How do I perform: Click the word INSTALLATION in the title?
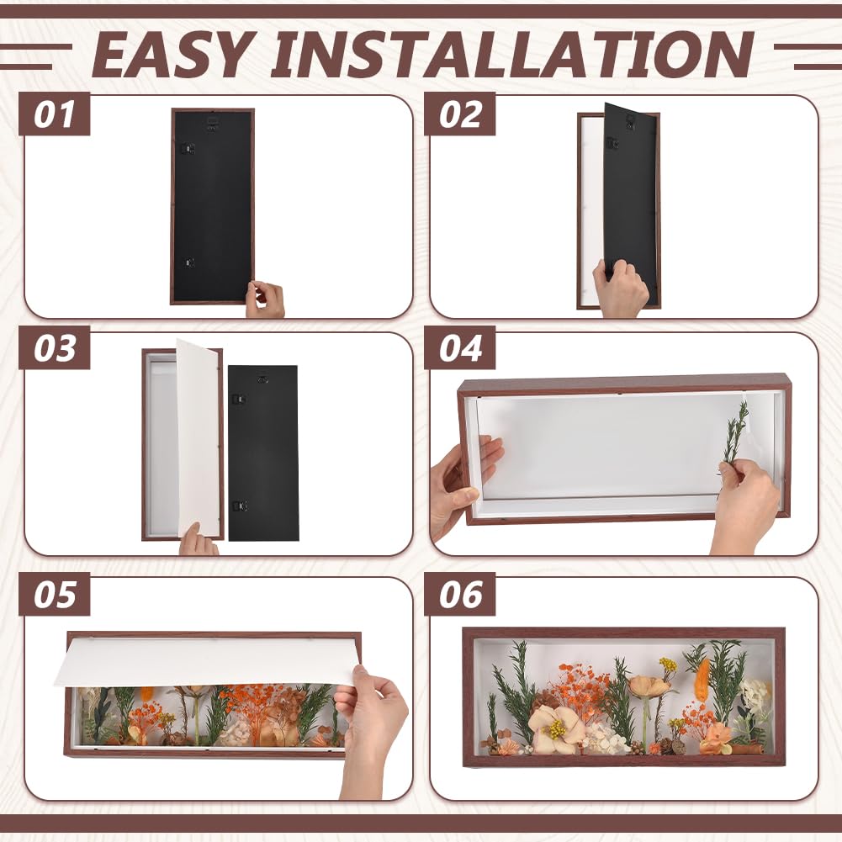[x=513, y=54]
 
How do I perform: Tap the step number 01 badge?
[x=54, y=114]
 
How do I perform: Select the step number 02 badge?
[x=459, y=114]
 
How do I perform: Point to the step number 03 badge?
[x=54, y=348]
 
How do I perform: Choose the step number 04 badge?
[x=459, y=348]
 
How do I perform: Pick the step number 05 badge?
[x=54, y=594]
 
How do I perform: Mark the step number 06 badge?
[x=459, y=594]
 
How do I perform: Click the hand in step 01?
[x=265, y=299]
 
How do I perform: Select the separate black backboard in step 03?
[x=262, y=453]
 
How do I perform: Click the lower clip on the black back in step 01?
[x=188, y=262]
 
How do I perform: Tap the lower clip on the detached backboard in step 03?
[x=239, y=506]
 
